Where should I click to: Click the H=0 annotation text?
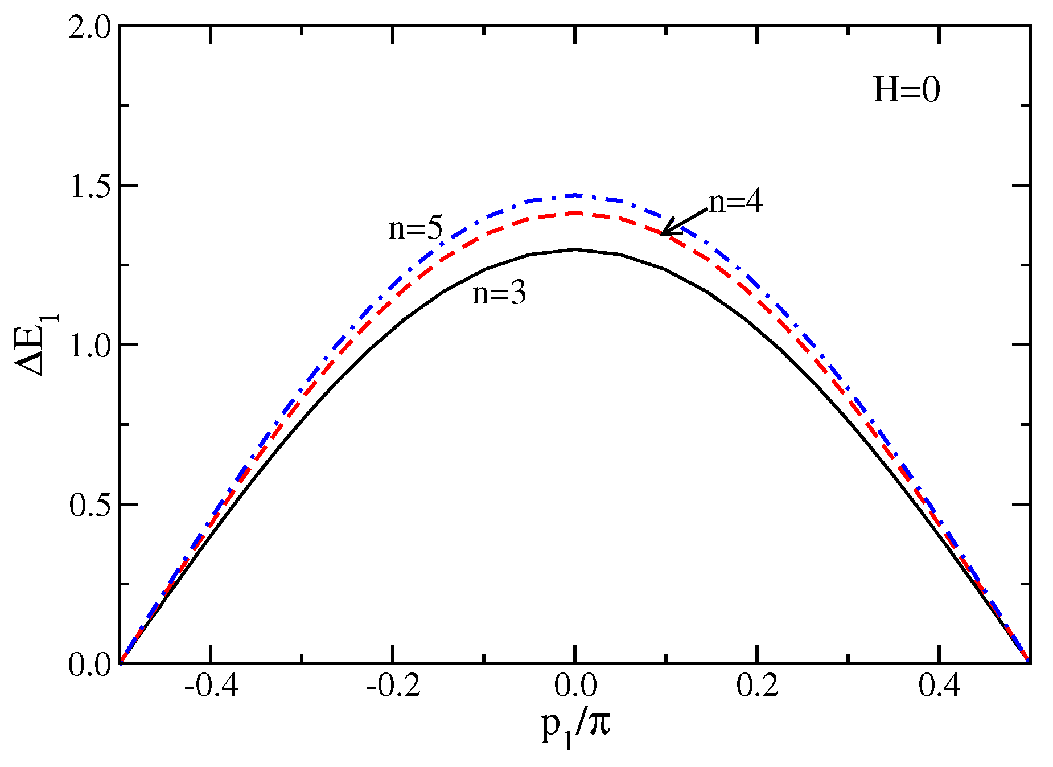[x=906, y=90]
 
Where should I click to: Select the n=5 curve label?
[x=415, y=228]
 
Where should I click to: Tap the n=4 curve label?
[x=735, y=202]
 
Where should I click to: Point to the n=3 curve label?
[x=499, y=293]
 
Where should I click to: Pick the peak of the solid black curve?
[x=575, y=249]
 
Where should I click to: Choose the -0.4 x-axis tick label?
[x=211, y=686]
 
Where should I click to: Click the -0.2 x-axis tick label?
[x=393, y=686]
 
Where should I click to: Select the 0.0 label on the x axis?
[x=575, y=686]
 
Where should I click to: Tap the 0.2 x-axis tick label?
[x=757, y=686]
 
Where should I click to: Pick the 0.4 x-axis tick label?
[x=939, y=686]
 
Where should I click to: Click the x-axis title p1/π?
[x=575, y=728]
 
